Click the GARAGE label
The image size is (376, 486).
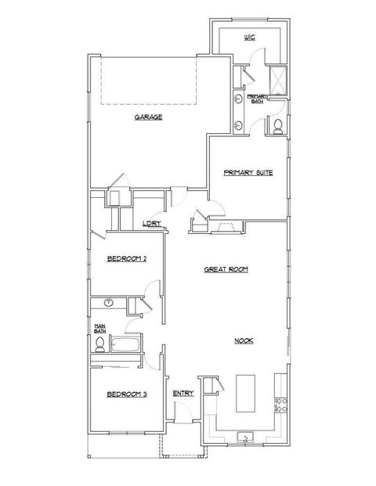click(147, 117)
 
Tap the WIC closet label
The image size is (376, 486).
click(250, 37)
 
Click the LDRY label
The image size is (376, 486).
click(152, 223)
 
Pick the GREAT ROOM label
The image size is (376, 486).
click(226, 268)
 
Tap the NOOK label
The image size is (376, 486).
click(244, 340)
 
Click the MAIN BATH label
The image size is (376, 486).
click(100, 329)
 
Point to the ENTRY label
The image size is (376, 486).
click(183, 394)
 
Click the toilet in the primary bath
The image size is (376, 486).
click(277, 127)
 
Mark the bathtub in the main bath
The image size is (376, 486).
click(126, 344)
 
